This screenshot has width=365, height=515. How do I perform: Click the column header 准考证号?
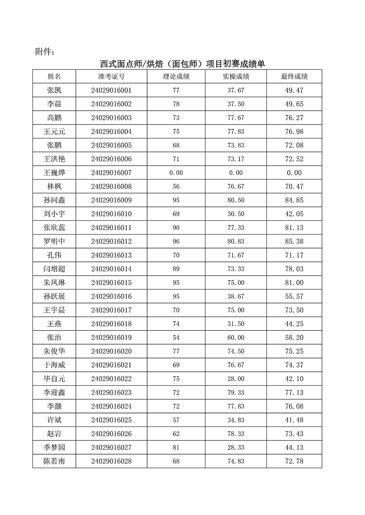[x=111, y=76]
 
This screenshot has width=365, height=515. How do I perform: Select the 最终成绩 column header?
[x=294, y=76]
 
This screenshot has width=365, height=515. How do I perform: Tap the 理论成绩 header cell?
[x=176, y=76]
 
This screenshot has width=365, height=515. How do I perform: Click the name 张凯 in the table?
[x=54, y=90]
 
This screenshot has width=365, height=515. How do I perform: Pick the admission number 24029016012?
[x=111, y=241]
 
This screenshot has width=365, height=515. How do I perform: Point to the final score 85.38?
[x=294, y=241]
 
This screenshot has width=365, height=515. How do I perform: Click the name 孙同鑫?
[x=54, y=200]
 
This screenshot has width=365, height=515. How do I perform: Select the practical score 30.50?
[x=236, y=214]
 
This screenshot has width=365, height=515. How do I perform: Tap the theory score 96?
[x=176, y=241]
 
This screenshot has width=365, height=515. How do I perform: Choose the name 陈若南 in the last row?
[x=54, y=461]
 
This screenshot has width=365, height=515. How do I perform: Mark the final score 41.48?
[x=294, y=420]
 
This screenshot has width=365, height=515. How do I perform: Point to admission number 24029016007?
[x=111, y=173]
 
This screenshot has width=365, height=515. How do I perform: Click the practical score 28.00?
[x=236, y=379]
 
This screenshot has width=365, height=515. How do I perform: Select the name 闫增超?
[x=54, y=269]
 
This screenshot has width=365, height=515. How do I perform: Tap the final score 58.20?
[x=294, y=338]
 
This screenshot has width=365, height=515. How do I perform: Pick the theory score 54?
[x=176, y=338]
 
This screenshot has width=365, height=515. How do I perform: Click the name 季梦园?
[x=54, y=448]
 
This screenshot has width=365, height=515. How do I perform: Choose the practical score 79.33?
[x=236, y=393]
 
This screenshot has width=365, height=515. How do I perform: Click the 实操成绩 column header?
[x=236, y=76]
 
